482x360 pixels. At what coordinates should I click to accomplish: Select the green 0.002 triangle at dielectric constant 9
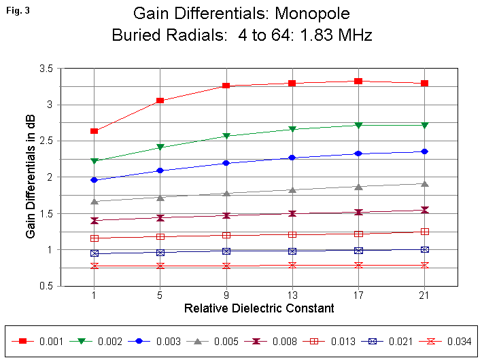point(226,137)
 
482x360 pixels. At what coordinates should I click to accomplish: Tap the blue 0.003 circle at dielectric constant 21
point(424,151)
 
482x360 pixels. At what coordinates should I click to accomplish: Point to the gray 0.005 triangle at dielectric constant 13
point(292,190)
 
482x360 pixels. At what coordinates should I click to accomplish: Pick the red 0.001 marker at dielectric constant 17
point(358,82)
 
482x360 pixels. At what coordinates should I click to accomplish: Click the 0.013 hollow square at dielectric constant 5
point(160,237)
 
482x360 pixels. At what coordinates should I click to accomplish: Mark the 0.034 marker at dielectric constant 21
point(424,265)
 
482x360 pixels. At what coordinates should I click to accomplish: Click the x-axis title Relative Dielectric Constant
point(259,308)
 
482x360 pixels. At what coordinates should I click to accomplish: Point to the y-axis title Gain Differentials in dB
point(31,177)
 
